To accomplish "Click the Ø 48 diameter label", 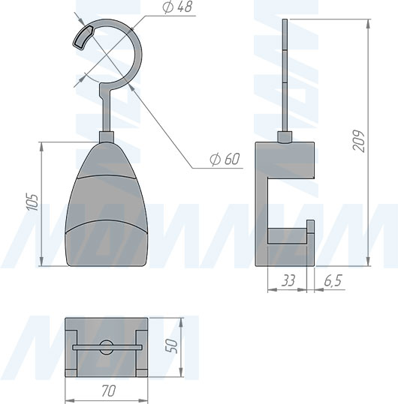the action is click(x=177, y=7).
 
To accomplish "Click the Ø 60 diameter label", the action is click(x=225, y=159).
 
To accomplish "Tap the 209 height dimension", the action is click(x=358, y=142).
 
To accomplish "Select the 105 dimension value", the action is click(x=33, y=202).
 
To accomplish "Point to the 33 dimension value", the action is click(x=288, y=280).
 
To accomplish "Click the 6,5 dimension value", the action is click(x=333, y=280).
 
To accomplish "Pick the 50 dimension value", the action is click(x=171, y=346).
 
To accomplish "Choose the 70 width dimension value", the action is click(x=108, y=391).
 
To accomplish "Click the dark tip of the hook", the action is click(x=83, y=37).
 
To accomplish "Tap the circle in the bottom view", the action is click(x=107, y=347).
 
